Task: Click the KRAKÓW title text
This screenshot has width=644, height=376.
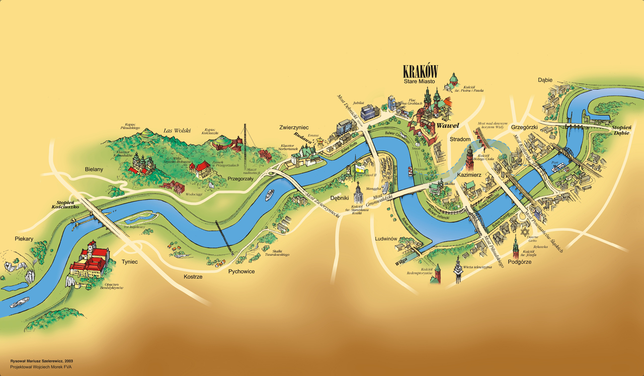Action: point(421,71)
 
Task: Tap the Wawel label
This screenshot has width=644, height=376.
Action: point(448,125)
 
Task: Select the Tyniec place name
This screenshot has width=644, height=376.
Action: point(129,262)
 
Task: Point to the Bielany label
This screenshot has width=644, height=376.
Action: point(94,170)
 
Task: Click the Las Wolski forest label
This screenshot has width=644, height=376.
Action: point(177,131)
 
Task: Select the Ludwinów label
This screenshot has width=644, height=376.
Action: point(387,238)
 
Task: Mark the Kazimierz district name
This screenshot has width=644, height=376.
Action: point(470,175)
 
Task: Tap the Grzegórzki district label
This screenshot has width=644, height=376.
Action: point(525,127)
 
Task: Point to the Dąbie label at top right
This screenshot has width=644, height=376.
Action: point(545,80)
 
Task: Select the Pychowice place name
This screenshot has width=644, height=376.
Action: point(242,271)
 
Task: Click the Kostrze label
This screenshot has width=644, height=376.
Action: point(193,277)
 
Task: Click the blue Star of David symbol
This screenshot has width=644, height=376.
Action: point(526,232)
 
